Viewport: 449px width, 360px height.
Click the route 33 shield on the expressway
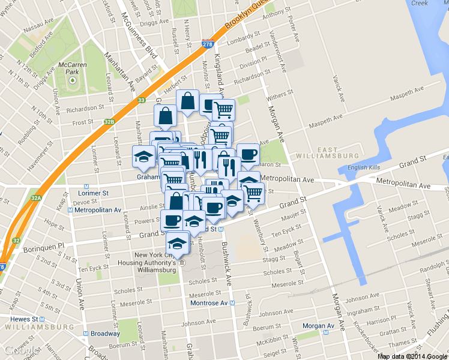pos(141,100)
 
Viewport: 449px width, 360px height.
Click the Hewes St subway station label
pos(27,319)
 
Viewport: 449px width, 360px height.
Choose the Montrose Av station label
pos(210,304)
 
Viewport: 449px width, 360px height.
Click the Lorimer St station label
pos(93,194)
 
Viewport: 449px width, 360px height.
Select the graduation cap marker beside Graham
pos(143,156)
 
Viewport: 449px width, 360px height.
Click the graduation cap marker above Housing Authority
pos(177,242)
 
